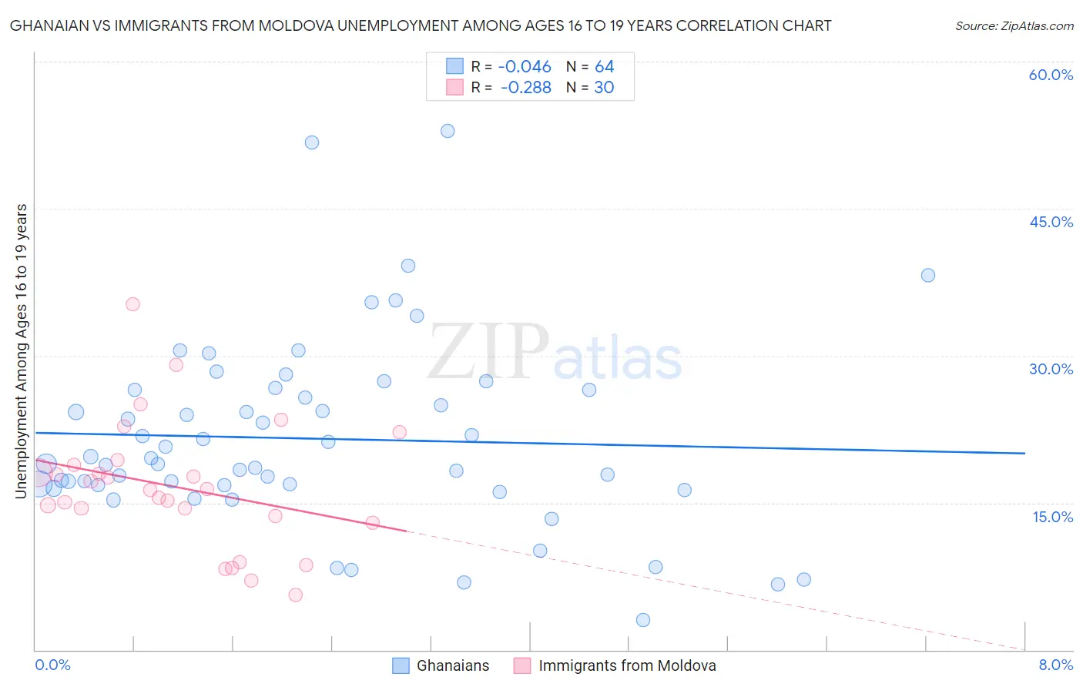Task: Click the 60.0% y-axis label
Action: tap(1051, 75)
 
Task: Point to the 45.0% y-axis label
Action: tap(1051, 222)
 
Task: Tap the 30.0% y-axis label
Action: tap(1051, 369)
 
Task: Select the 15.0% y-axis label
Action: tap(1052, 517)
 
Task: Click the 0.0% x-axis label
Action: tap(52, 665)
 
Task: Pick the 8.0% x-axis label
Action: tap(1055, 665)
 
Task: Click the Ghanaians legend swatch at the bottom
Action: tap(401, 665)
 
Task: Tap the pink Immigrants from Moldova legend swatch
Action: tap(522, 665)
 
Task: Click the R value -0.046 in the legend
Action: tap(525, 67)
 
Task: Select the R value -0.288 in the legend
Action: tap(525, 88)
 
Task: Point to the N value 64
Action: tap(604, 67)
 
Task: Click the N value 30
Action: tap(604, 88)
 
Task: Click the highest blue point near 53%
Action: tap(448, 131)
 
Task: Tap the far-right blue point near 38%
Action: tap(928, 275)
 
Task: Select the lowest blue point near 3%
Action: tap(643, 620)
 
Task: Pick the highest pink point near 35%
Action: tap(132, 304)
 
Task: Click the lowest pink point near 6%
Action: tap(296, 595)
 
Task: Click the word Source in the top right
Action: tap(975, 25)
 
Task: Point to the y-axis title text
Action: tap(22, 350)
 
